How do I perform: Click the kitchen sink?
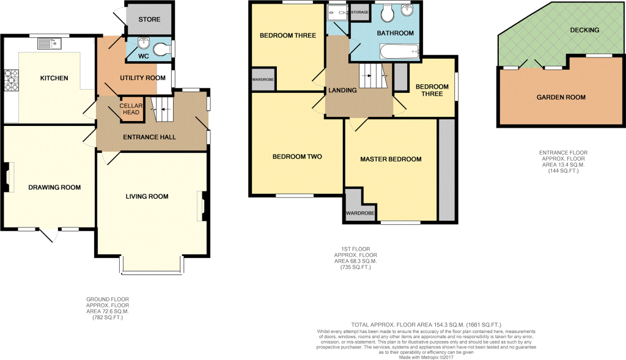[50, 43]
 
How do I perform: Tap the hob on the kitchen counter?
[11, 80]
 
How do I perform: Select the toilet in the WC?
[161, 50]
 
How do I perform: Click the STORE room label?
[149, 19]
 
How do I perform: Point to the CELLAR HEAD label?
[131, 109]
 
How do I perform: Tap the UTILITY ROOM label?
[142, 78]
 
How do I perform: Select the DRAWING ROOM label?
[54, 187]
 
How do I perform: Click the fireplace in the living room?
[202, 206]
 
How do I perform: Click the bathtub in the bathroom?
[399, 51]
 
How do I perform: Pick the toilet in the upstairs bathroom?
[387, 13]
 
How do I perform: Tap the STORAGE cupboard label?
[359, 12]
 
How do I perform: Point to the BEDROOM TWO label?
[297, 156]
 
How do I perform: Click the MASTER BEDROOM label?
[391, 160]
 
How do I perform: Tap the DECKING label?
[584, 30]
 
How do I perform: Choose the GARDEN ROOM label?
[561, 97]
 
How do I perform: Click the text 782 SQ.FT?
[108, 318]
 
